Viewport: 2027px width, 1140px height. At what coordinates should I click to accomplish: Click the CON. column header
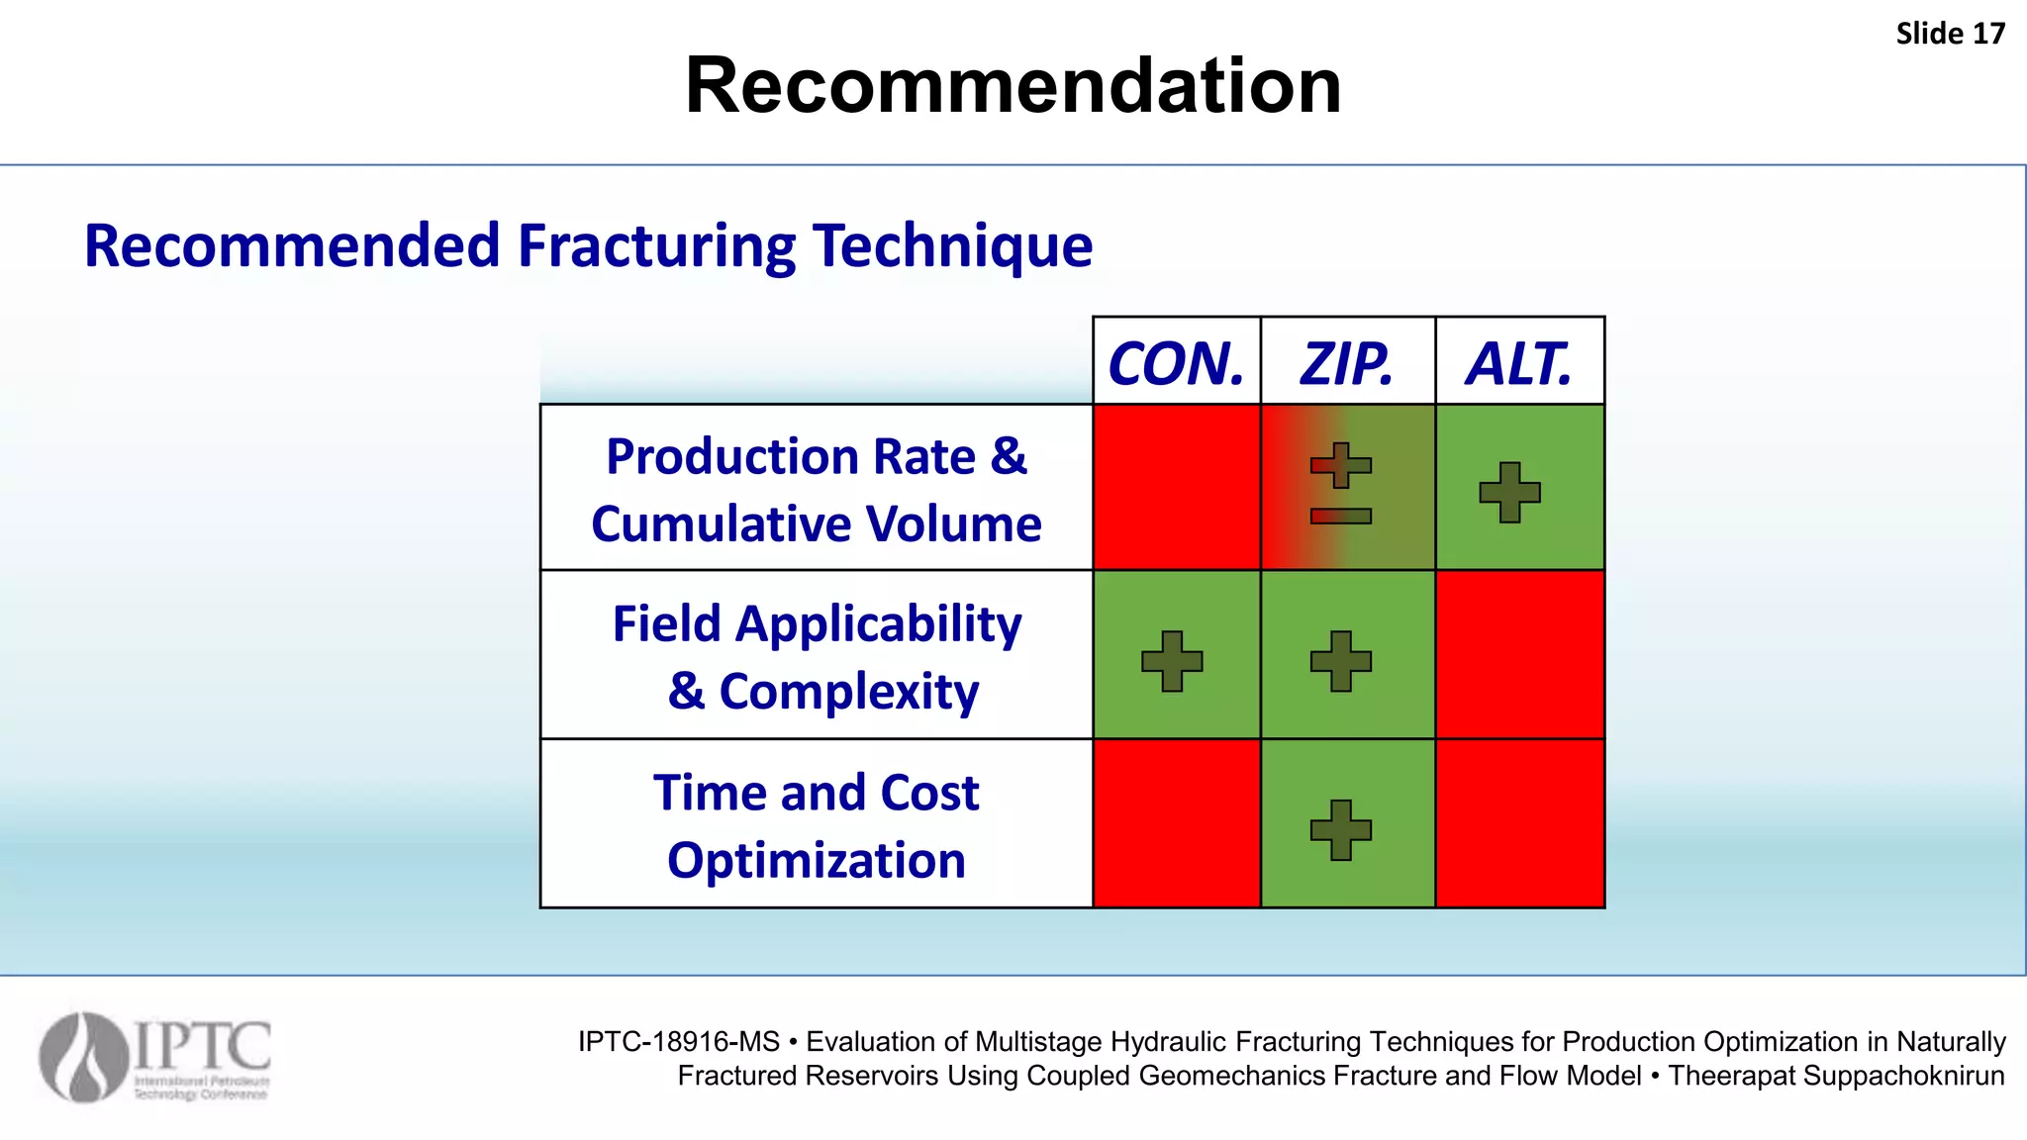pyautogui.click(x=1176, y=363)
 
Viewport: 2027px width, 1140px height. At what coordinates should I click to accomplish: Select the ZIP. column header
pyautogui.click(x=1347, y=363)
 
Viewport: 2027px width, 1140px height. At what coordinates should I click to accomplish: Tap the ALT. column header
pyautogui.click(x=1518, y=363)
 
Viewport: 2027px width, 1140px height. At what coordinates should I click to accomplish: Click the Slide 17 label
pyautogui.click(x=1950, y=34)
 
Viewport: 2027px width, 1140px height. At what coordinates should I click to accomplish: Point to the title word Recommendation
pyautogui.click(x=1013, y=86)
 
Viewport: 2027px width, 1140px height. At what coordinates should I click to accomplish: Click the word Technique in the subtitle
pyautogui.click(x=952, y=245)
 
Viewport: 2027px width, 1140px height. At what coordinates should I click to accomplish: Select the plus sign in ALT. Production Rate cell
pyautogui.click(x=1509, y=492)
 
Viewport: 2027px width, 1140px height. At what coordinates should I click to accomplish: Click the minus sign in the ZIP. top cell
pyautogui.click(x=1340, y=516)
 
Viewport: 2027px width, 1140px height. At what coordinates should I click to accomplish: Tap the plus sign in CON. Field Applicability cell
pyautogui.click(x=1172, y=660)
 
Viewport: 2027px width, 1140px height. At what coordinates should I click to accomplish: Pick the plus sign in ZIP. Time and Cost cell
pyautogui.click(x=1340, y=829)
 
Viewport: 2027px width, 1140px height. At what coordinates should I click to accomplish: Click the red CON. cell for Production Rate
pyautogui.click(x=1176, y=487)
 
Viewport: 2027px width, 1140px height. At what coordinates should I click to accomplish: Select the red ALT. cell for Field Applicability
pyautogui.click(x=1519, y=654)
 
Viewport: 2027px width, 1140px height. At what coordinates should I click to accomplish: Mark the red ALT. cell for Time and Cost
pyautogui.click(x=1519, y=823)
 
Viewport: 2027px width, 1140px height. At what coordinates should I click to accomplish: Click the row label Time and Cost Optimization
pyautogui.click(x=816, y=825)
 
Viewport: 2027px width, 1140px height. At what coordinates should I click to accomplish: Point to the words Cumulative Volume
pyautogui.click(x=816, y=523)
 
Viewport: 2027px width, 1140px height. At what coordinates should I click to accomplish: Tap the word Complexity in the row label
pyautogui.click(x=848, y=691)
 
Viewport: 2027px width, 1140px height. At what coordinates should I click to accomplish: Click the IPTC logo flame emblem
pyautogui.click(x=84, y=1057)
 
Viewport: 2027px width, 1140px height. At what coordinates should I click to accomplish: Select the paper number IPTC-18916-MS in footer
pyautogui.click(x=679, y=1042)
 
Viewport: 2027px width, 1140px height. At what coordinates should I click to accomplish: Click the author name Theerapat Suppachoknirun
pyautogui.click(x=1836, y=1076)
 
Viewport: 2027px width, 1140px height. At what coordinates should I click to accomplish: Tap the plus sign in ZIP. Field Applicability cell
pyautogui.click(x=1340, y=660)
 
